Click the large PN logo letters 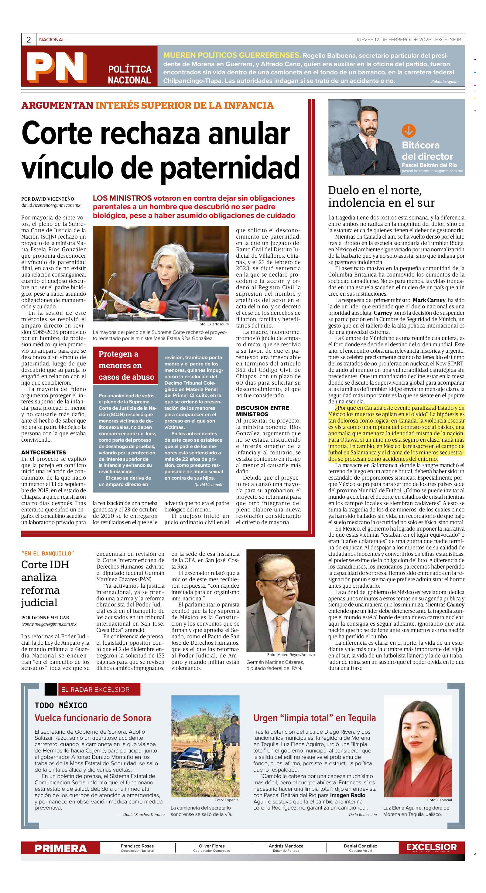(x=56, y=66)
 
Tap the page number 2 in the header (x=29, y=39)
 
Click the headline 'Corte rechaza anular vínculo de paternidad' (x=160, y=149)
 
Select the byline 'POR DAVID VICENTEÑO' (x=47, y=199)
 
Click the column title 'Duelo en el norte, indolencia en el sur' (x=381, y=197)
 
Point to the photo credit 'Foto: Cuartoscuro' (x=213, y=324)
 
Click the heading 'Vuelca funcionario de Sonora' (x=93, y=718)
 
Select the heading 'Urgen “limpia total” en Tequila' (x=314, y=718)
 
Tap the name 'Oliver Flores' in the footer (x=212, y=846)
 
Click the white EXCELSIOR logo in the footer (x=431, y=847)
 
